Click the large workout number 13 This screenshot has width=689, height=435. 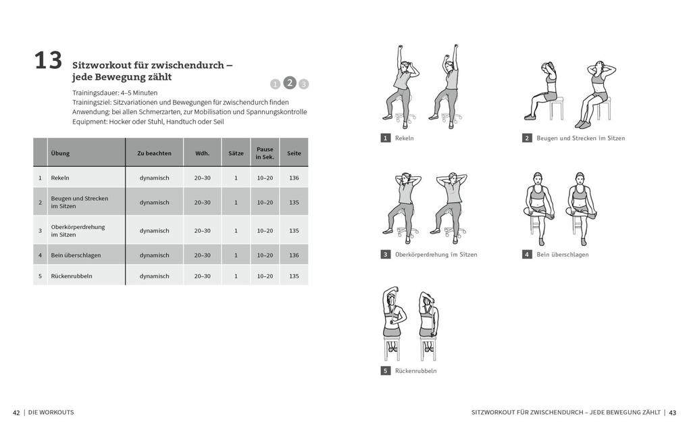click(x=48, y=61)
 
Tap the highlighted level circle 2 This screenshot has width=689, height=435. click(x=290, y=82)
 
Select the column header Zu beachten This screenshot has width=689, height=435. click(x=154, y=153)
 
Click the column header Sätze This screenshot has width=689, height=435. click(x=236, y=153)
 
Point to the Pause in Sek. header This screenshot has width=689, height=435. click(x=265, y=153)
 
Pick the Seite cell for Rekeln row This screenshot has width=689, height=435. click(x=294, y=178)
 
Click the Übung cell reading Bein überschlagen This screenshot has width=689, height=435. click(x=75, y=255)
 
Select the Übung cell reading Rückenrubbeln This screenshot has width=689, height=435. click(x=72, y=276)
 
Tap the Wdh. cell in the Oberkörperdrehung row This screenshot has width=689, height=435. click(x=202, y=231)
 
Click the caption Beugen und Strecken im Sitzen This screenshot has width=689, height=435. click(x=580, y=138)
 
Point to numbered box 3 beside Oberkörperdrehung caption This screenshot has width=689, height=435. click(x=386, y=255)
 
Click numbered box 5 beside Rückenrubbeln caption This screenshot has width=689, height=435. click(x=386, y=371)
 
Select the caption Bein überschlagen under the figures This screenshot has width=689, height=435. click(x=562, y=255)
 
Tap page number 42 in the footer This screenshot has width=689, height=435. click(x=16, y=413)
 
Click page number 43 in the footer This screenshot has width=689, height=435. click(x=673, y=413)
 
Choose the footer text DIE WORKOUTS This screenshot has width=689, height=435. click(x=51, y=413)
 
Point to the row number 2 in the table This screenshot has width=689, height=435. click(x=41, y=202)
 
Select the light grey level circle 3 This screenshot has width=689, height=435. click(x=304, y=84)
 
